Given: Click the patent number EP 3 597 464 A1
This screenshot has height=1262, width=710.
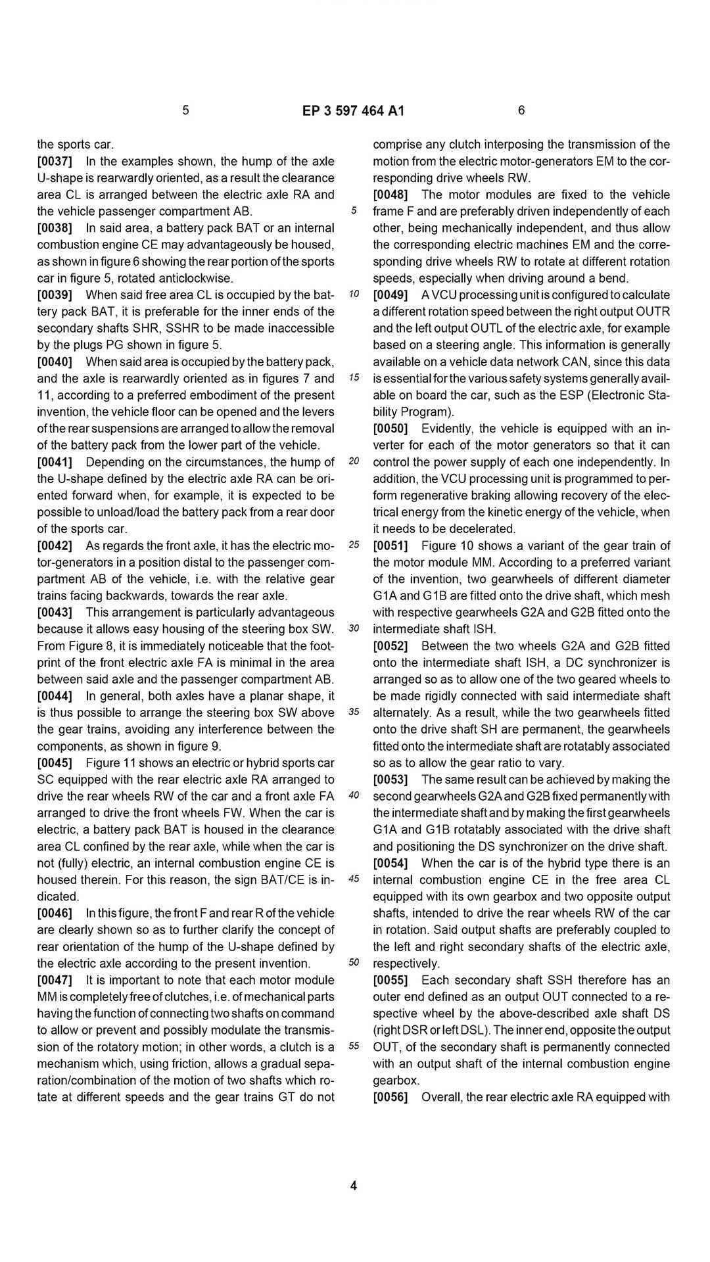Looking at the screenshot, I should [x=353, y=111].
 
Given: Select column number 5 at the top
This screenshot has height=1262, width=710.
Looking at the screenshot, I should [x=185, y=110].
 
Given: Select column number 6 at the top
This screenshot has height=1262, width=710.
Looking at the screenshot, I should [x=521, y=110].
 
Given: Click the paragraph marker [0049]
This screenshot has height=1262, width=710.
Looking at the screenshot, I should [x=390, y=295].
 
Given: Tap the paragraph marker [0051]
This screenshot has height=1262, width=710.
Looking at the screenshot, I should [x=390, y=546].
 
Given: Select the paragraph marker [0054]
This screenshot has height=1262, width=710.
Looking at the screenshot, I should [x=390, y=863].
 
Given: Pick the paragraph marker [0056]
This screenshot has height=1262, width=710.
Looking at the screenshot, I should [x=390, y=1097].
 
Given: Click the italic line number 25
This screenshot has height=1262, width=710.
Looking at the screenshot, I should [x=354, y=545].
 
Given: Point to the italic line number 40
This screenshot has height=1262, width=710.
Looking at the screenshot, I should [x=354, y=795].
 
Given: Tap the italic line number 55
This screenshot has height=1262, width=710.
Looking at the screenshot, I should [x=354, y=1046].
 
